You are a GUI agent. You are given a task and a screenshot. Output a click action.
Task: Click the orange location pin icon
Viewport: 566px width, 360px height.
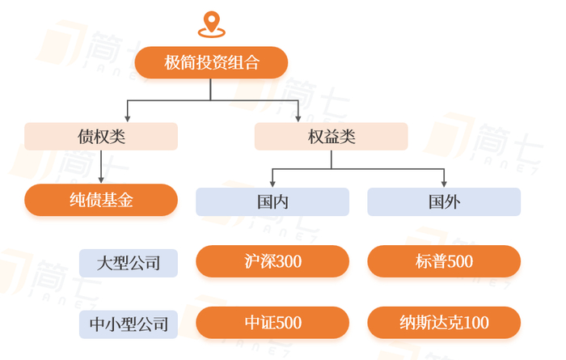pyautogui.click(x=212, y=23)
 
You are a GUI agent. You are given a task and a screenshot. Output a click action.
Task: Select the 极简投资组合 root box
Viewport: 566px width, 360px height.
pyautogui.click(x=211, y=62)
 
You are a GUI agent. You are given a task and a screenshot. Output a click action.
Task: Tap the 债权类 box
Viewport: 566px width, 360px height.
pyautogui.click(x=101, y=137)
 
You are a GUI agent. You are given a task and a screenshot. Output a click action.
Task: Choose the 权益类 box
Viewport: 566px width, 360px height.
pyautogui.click(x=332, y=137)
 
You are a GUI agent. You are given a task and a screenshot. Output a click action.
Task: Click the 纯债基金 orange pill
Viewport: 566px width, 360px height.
pyautogui.click(x=101, y=200)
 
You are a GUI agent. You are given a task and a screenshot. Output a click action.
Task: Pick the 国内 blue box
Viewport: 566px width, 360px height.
pyautogui.click(x=272, y=202)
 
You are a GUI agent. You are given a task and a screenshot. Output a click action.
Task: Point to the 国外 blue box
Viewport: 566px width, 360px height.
pyautogui.click(x=444, y=202)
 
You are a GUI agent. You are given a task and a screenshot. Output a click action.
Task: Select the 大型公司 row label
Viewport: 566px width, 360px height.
pyautogui.click(x=129, y=263)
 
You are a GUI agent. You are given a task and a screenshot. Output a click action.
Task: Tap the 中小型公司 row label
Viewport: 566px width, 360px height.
pyautogui.click(x=129, y=324)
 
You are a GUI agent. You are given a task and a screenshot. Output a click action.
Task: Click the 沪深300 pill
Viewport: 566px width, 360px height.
pyautogui.click(x=272, y=261)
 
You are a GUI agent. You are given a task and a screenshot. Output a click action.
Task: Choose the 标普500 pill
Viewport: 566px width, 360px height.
pyautogui.click(x=444, y=261)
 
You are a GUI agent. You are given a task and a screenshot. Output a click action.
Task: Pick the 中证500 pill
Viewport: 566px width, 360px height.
pyautogui.click(x=272, y=323)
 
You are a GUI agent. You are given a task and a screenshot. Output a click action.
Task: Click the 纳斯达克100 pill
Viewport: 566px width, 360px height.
pyautogui.click(x=444, y=323)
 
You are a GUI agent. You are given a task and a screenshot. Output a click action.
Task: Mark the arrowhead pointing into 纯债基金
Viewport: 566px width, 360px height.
pyautogui.click(x=101, y=180)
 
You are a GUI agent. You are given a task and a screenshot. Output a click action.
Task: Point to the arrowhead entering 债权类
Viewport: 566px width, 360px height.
pyautogui.click(x=128, y=118)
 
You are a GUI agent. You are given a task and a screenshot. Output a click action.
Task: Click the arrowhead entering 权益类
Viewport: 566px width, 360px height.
pyautogui.click(x=298, y=118)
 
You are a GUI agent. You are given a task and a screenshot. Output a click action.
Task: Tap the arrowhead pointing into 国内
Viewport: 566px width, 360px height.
pyautogui.click(x=272, y=184)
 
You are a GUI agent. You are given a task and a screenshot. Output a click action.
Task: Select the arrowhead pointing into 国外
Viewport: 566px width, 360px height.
pyautogui.click(x=444, y=184)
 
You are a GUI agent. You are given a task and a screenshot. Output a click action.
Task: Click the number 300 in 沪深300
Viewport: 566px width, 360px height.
pyautogui.click(x=288, y=261)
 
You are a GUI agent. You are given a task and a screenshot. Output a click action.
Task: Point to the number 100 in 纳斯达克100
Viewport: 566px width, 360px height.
pyautogui.click(x=475, y=323)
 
